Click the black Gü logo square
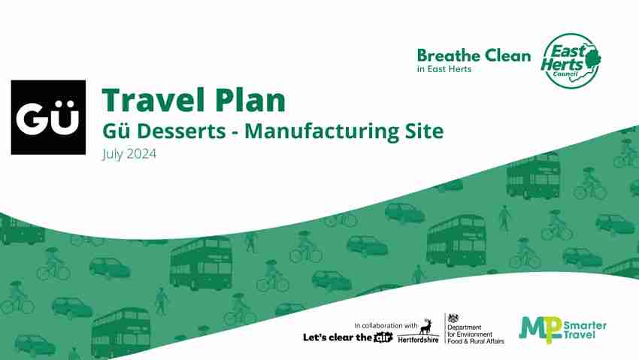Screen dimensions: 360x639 [48, 117]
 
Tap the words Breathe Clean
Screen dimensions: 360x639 [473, 56]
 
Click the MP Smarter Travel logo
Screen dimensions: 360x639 [562, 328]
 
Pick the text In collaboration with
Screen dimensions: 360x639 [386, 325]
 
